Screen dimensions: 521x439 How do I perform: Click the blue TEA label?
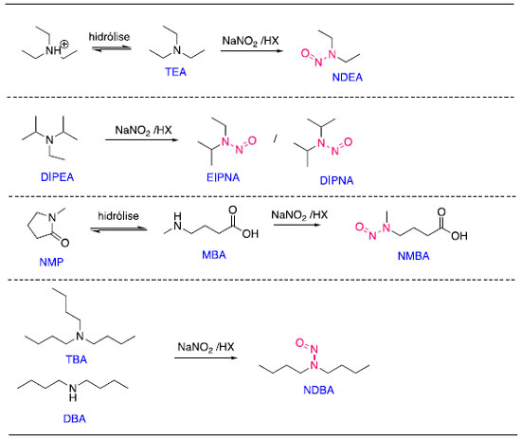click(x=176, y=72)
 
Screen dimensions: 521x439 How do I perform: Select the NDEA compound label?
click(x=348, y=77)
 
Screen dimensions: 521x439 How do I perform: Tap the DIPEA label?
click(x=57, y=177)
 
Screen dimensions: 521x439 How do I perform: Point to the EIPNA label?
click(x=223, y=177)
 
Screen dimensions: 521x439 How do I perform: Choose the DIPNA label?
click(x=336, y=180)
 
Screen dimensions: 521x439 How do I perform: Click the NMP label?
click(x=51, y=262)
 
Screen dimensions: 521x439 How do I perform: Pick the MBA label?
click(x=214, y=255)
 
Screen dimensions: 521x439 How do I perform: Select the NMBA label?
click(x=413, y=256)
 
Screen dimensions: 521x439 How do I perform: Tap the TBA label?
click(x=77, y=359)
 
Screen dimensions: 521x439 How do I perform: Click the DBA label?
click(x=75, y=418)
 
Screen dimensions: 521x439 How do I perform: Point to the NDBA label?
click(x=318, y=390)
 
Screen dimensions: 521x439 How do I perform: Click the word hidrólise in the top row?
click(x=109, y=37)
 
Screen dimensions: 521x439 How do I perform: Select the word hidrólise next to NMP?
click(x=118, y=216)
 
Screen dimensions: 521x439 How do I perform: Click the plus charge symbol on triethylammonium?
click(x=65, y=44)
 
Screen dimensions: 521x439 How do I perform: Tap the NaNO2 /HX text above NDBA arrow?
click(x=206, y=347)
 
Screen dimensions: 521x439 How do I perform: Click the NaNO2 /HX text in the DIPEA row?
click(x=143, y=130)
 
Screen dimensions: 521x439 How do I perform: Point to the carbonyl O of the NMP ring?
click(x=65, y=243)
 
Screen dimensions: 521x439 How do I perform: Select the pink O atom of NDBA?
click(x=299, y=342)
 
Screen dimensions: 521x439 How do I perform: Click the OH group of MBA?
click(x=250, y=234)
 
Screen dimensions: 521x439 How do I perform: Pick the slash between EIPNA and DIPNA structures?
click(x=276, y=139)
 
